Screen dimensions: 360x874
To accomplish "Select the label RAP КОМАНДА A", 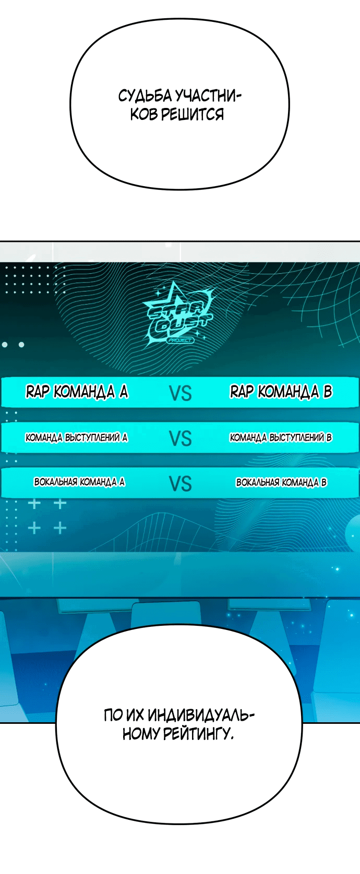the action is [77, 391].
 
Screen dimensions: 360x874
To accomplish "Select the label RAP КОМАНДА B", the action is [281, 391].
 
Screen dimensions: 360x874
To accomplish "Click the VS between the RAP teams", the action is [181, 393].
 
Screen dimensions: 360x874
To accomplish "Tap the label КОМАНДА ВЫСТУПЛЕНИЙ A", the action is [77, 438].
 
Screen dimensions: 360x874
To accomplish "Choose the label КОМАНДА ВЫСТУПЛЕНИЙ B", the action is [281, 438].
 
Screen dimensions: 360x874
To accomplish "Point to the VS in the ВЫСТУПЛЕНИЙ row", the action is [181, 439].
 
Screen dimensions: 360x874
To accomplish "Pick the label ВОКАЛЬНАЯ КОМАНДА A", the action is [80, 482].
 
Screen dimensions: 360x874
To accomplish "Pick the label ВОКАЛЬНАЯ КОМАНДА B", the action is [281, 482].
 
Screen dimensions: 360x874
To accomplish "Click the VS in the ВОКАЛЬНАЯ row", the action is [181, 484].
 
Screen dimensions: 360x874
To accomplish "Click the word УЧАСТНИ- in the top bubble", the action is [208, 96].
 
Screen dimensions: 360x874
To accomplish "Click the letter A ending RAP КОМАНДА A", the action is [124, 391].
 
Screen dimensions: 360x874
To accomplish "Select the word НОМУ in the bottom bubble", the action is [140, 734].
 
